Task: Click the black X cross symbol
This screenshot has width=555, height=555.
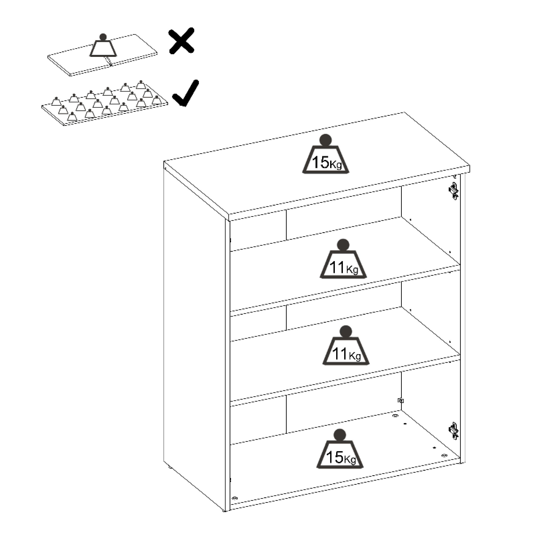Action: click(182, 41)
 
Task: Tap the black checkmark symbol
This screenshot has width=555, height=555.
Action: click(186, 93)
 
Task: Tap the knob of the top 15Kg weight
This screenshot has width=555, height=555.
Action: click(325, 140)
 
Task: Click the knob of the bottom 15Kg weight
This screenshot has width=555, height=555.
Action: click(340, 435)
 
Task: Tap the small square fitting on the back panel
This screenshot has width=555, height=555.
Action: click(400, 400)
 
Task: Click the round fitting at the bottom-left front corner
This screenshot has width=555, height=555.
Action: click(235, 498)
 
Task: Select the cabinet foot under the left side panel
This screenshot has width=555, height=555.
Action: click(170, 467)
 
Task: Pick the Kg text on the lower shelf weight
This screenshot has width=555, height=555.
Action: click(355, 356)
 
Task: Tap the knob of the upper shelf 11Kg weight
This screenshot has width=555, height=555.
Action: click(343, 245)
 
